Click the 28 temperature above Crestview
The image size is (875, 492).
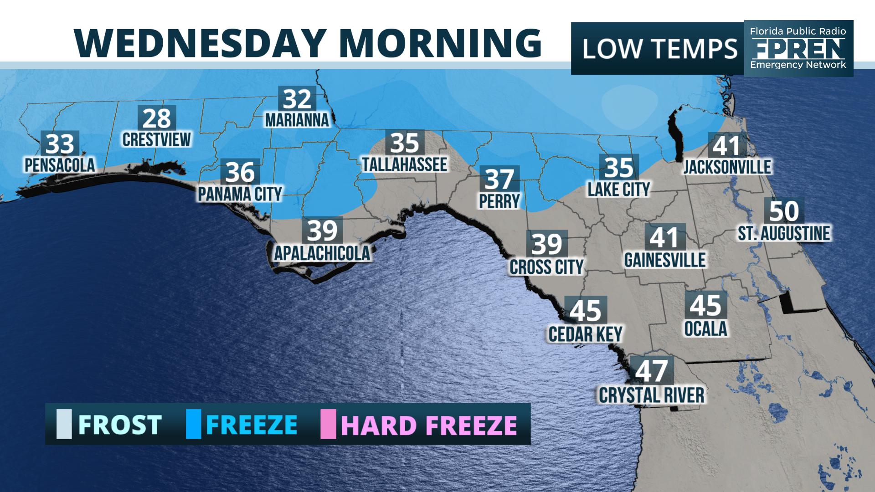tap(157, 118)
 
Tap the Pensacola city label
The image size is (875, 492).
tap(60, 165)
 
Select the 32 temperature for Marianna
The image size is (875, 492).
tap(297, 99)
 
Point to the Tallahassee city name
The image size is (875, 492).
tap(405, 164)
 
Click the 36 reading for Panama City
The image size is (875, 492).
tap(240, 172)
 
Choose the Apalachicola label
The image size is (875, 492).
tap(322, 253)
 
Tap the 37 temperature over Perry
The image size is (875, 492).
tap(499, 179)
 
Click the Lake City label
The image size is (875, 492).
tap(618, 189)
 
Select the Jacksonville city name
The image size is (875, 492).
tap(727, 167)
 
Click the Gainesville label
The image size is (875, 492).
tap(664, 260)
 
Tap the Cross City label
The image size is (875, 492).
tap(546, 267)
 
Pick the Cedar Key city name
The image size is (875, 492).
tap(585, 334)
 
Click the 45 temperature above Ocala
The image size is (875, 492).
tap(705, 305)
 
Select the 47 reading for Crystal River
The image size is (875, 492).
tap(651, 371)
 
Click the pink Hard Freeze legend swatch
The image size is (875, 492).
tap(328, 424)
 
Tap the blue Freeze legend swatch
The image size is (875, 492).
tap(194, 424)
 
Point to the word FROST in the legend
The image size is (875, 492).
tap(120, 425)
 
